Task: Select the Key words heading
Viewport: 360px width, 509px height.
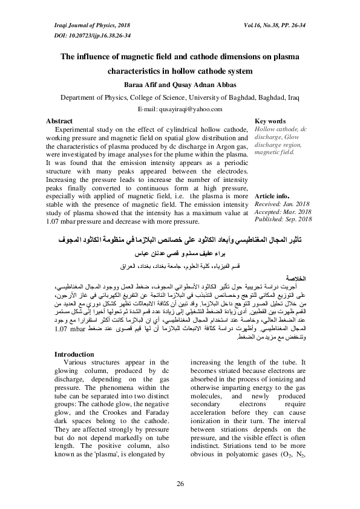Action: [x=254, y=122]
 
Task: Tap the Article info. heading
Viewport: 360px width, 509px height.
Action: [x=257, y=197]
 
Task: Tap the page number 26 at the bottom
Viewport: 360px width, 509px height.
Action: [x=180, y=484]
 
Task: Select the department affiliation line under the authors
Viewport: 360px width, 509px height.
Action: [x=180, y=97]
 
